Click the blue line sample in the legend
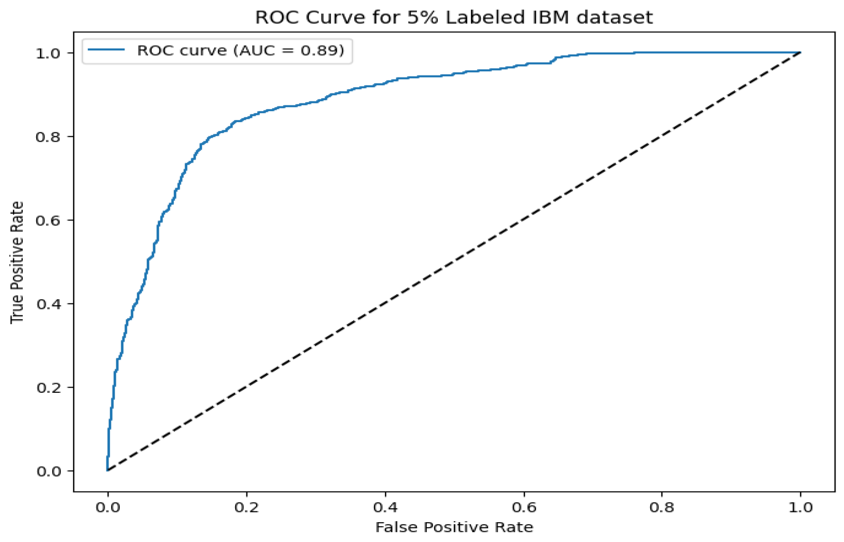point(106,50)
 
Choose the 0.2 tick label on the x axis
point(247,507)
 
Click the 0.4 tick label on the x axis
point(385,507)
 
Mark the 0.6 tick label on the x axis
point(524,507)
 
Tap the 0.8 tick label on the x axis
point(662,507)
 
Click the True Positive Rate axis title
point(17,262)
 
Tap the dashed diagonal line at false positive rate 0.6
point(524,220)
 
